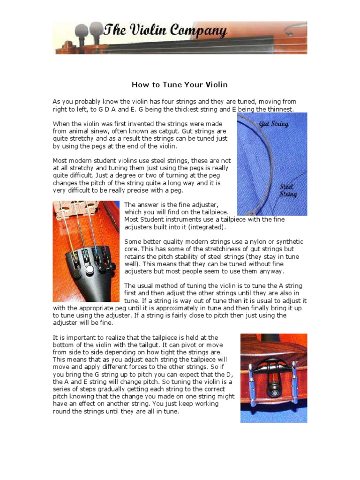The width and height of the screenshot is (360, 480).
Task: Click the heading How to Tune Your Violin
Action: click(180, 85)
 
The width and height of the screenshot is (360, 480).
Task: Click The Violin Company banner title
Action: click(165, 32)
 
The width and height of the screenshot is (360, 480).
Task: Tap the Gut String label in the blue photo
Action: click(274, 124)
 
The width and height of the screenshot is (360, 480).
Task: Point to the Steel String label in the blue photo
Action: click(288, 190)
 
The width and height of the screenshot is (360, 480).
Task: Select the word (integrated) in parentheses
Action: click(205, 227)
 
